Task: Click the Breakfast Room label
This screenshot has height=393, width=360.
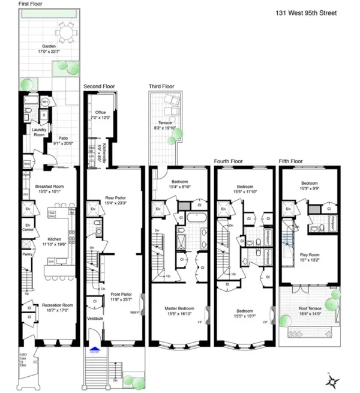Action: [x=47, y=187]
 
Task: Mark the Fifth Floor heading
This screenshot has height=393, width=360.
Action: [x=291, y=161]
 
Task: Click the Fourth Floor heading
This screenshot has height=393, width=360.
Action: [x=230, y=161]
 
